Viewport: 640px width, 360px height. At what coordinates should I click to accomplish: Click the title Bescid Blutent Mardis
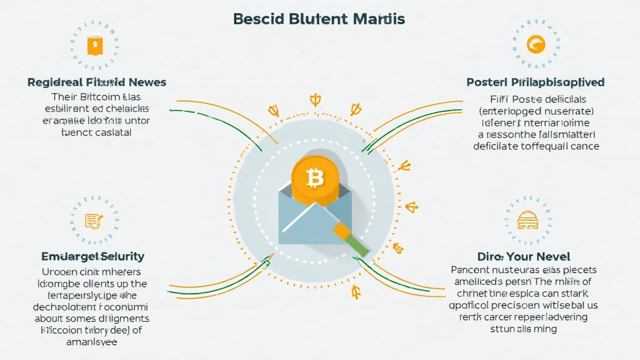tap(319, 19)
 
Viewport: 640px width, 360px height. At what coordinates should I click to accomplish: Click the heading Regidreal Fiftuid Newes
tap(97, 82)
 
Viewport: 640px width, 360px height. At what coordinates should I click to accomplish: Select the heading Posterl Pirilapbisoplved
tap(536, 82)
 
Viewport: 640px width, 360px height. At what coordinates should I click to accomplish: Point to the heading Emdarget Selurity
tap(92, 256)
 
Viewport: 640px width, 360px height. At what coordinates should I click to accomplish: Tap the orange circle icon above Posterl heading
tap(536, 44)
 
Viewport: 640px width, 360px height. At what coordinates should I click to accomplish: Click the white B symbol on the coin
tap(316, 179)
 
